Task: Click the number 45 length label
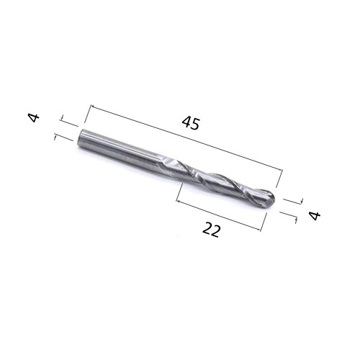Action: point(190,123)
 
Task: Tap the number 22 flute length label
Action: point(211,230)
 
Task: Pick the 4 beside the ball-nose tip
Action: point(313,215)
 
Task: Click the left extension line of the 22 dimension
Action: point(179,193)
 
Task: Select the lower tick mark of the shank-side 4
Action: point(63,136)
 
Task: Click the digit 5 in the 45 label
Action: point(196,125)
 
